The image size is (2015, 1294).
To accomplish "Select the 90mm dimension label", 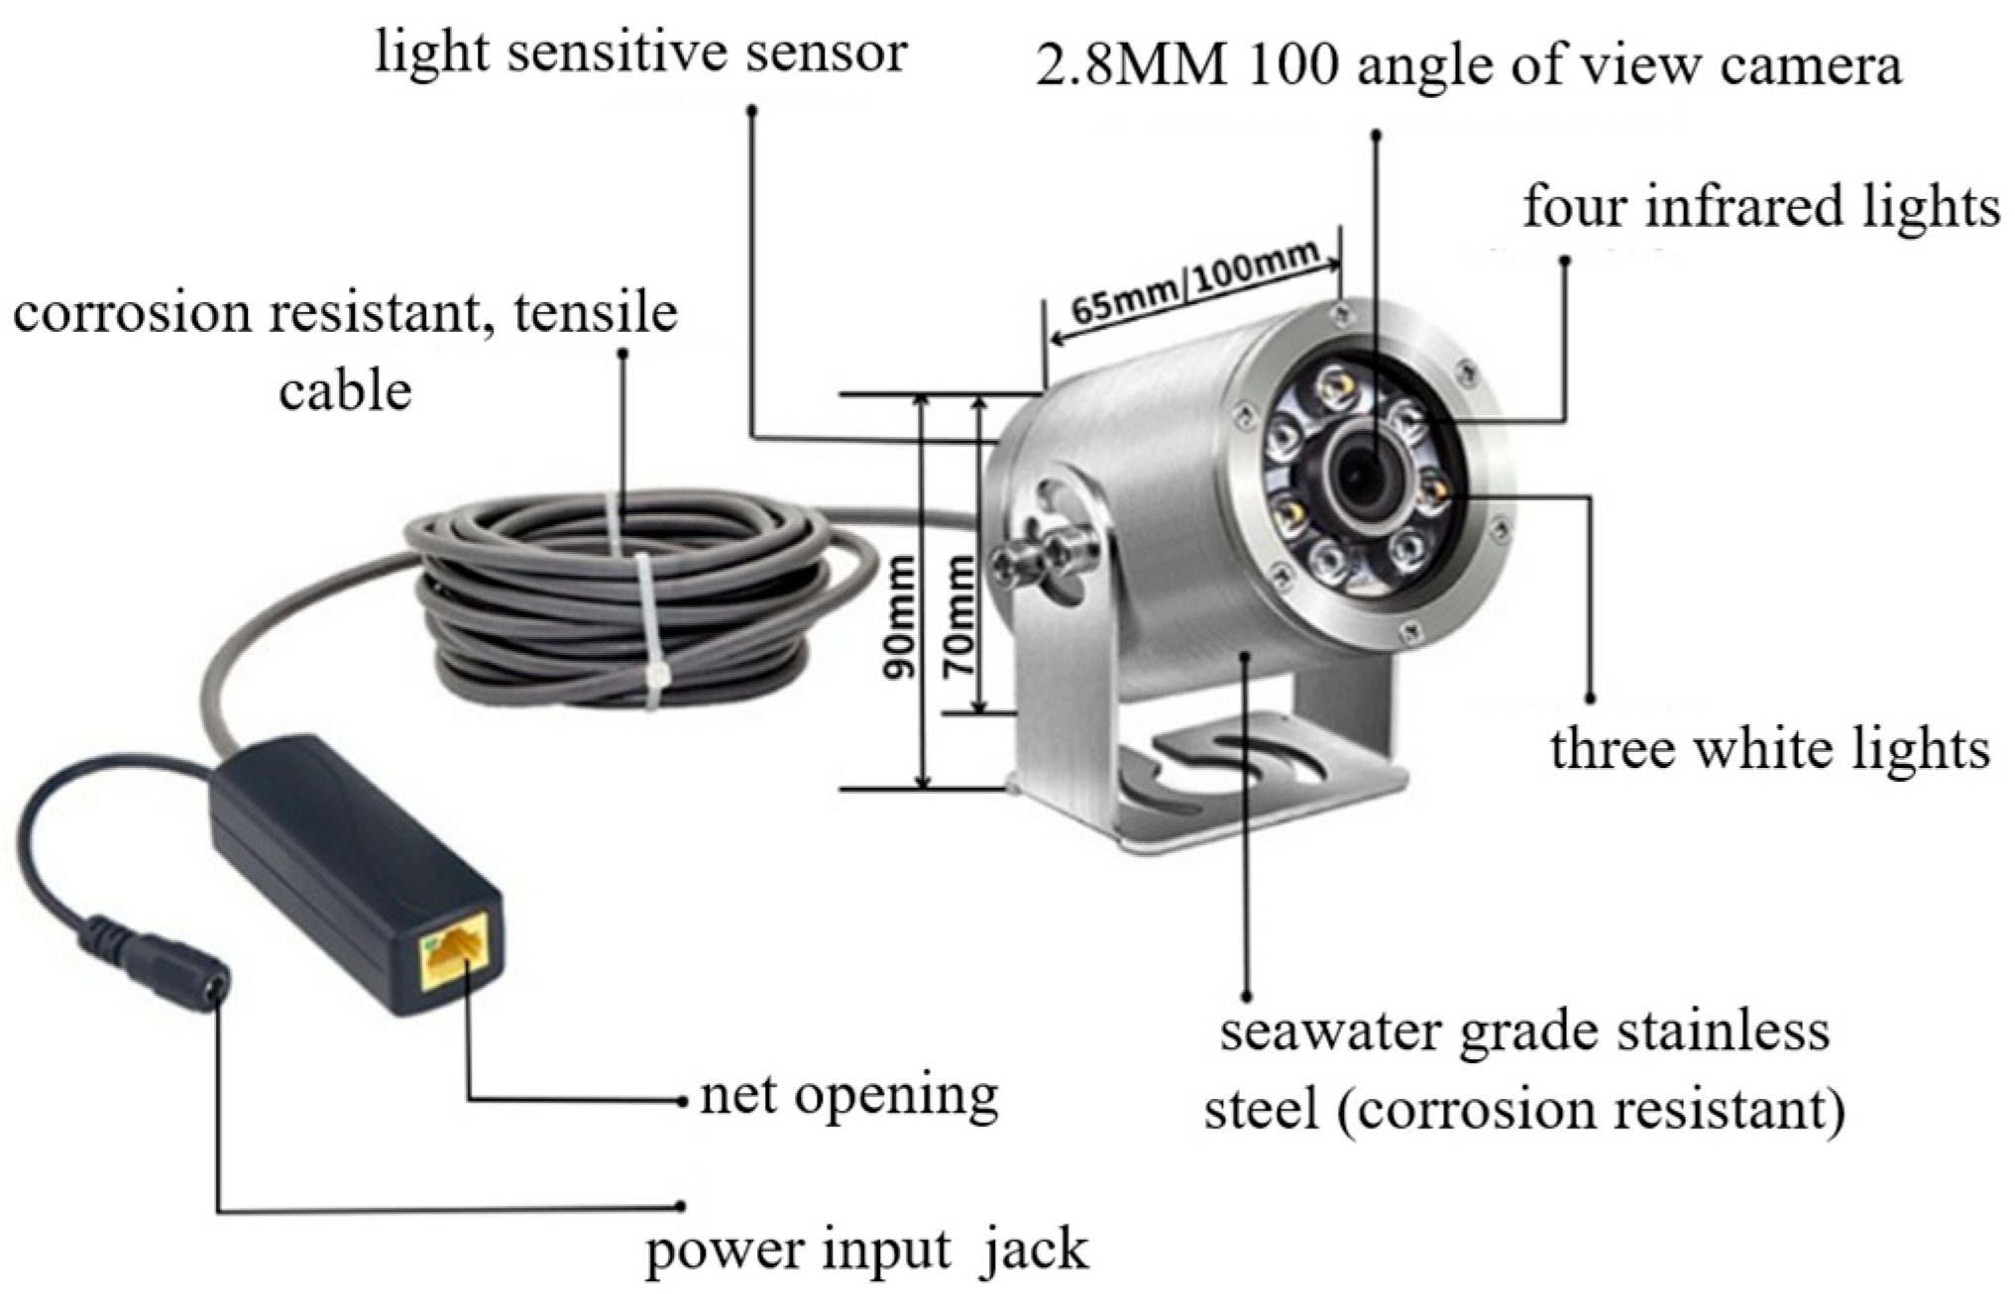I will tap(900, 617).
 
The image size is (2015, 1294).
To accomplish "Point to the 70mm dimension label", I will tap(958, 617).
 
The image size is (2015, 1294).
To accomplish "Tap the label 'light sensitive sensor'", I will tap(640, 52).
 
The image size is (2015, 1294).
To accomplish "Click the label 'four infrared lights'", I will tap(1760, 208).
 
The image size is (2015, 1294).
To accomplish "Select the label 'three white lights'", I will tap(1769, 749).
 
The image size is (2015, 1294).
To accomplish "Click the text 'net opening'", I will tap(848, 1096).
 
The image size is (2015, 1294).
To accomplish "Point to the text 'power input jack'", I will tap(866, 1249).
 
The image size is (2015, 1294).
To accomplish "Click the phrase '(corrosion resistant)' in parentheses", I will tap(1591, 1110).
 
